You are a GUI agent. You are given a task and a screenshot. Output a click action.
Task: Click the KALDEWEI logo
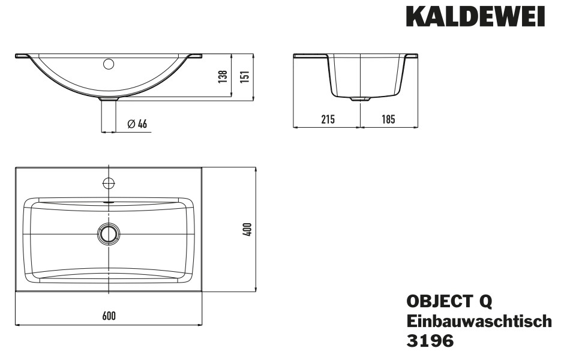point(475,17)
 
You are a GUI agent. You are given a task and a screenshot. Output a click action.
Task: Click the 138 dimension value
point(223,76)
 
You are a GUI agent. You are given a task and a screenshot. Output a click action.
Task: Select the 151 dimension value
point(245,76)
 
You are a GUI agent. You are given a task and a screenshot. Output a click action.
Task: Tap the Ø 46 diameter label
point(137,124)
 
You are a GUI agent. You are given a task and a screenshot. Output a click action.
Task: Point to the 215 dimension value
point(328,119)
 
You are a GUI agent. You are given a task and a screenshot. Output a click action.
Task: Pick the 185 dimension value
point(388,119)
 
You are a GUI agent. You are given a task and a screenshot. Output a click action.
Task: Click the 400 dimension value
point(248,230)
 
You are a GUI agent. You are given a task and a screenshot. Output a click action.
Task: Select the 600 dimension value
point(109,316)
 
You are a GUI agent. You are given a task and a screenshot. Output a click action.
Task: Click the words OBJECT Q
point(449,301)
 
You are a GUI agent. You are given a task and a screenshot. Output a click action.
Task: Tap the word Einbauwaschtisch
point(479,320)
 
